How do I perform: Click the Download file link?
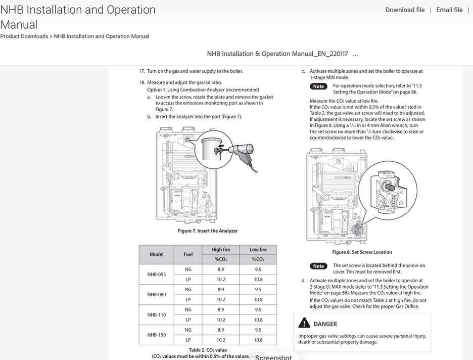tap(405, 10)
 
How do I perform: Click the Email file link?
tap(449, 10)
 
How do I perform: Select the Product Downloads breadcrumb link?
tap(24, 36)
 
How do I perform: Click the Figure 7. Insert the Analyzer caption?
tap(208, 231)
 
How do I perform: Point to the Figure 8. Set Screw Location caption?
tap(362, 252)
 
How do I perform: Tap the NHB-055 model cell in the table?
tap(157, 275)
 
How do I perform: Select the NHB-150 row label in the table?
tap(157, 335)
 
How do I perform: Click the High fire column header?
tap(221, 250)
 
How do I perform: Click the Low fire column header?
tap(258, 250)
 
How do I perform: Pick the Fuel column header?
tap(188, 254)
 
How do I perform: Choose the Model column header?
tap(157, 254)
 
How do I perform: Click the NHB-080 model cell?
tap(157, 295)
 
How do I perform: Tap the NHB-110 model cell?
tap(157, 314)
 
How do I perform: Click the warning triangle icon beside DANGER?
tap(304, 323)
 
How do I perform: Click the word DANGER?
tap(325, 324)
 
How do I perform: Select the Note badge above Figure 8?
tap(318, 86)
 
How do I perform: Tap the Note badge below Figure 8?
tap(318, 266)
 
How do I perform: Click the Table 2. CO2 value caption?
tap(208, 350)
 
